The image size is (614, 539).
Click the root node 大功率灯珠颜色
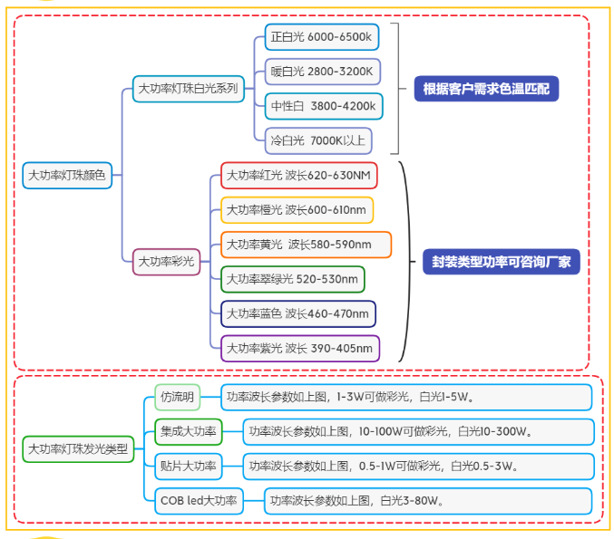[x=67, y=175]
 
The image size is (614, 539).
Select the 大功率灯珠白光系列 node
[x=188, y=89]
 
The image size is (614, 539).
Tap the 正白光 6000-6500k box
[x=322, y=37]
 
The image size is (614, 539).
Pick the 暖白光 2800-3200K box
[x=322, y=72]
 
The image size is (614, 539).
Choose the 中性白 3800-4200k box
[x=323, y=106]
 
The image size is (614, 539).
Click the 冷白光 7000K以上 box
[x=317, y=140]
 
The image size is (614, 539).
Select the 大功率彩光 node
[x=166, y=262]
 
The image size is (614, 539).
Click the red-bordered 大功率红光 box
[x=298, y=175]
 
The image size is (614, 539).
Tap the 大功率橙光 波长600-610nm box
[x=296, y=210]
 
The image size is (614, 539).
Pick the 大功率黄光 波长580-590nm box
[x=306, y=245]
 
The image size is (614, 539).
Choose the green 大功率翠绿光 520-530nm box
[x=292, y=279]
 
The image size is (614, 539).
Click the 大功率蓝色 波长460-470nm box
[x=297, y=313]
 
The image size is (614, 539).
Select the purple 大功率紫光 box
[x=299, y=348]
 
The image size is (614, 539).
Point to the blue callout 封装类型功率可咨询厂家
[x=501, y=262]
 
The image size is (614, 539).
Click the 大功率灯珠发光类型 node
[x=78, y=448]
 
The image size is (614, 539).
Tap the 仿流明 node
[x=177, y=397]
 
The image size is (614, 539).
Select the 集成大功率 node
[x=189, y=431]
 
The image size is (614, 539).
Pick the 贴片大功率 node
[x=189, y=466]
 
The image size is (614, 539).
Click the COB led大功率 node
[x=199, y=500]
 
